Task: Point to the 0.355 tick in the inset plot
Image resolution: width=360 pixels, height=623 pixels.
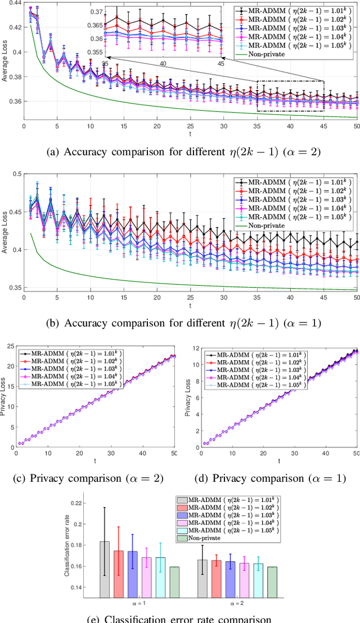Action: point(97,52)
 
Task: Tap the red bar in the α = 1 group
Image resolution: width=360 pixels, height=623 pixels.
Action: point(118,573)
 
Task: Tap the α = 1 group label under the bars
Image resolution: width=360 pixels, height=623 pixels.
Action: point(138,604)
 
